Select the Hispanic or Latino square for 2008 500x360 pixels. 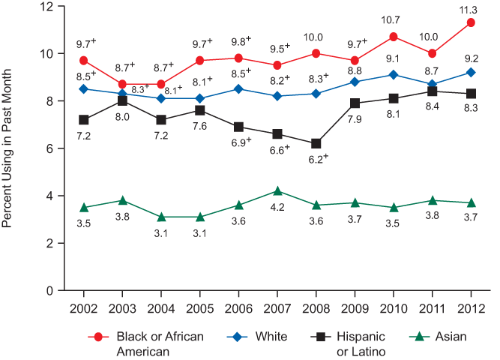(x=316, y=143)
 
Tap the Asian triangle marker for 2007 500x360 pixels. (x=277, y=191)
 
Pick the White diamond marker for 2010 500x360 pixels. (x=394, y=74)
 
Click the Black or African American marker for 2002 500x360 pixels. (x=83, y=60)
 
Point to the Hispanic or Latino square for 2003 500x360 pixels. (x=122, y=100)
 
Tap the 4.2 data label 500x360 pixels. (x=277, y=207)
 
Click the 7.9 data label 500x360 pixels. (x=355, y=118)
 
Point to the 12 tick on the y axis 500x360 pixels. (x=49, y=7)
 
